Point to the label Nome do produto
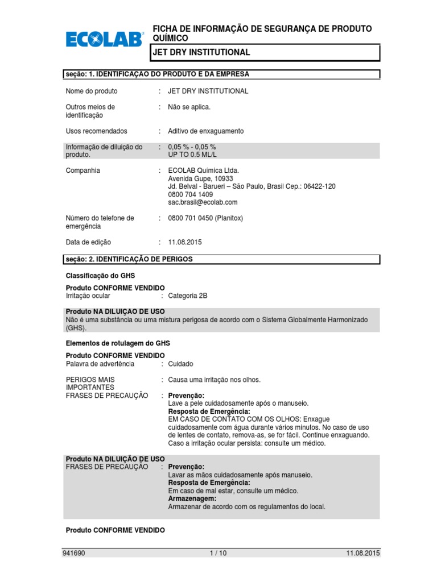(x=92, y=91)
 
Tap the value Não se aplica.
(x=189, y=107)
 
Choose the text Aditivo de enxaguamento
(x=205, y=131)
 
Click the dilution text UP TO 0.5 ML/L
(x=192, y=155)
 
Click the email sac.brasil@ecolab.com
(x=203, y=202)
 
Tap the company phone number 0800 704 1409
(x=191, y=194)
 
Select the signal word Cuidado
(x=180, y=364)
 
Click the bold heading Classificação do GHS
(x=100, y=276)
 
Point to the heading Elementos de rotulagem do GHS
(x=118, y=343)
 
